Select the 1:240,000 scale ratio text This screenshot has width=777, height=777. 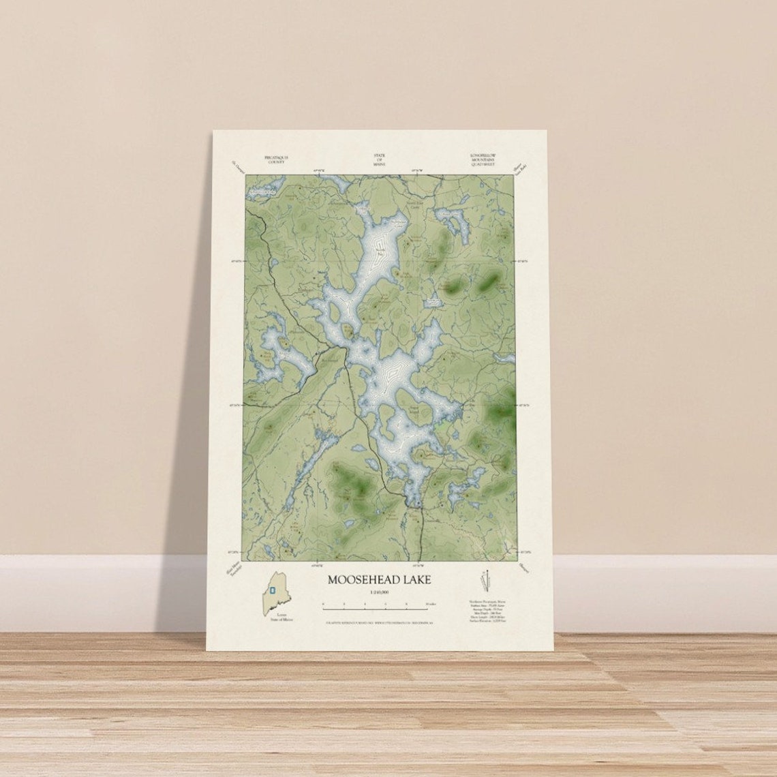[380, 593]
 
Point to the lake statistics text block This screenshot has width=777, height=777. [487, 611]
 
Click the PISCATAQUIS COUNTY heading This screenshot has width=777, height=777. [276, 159]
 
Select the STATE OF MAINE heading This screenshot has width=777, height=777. [379, 159]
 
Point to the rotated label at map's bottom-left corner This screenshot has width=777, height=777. [234, 568]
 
